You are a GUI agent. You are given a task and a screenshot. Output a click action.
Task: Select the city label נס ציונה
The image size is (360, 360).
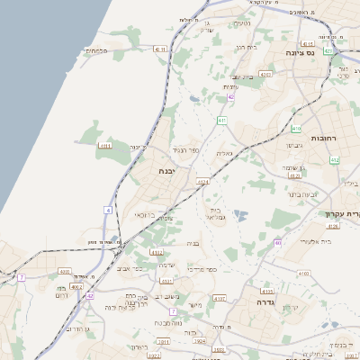(320, 52)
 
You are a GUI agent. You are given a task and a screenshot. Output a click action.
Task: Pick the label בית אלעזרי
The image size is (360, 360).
(314, 241)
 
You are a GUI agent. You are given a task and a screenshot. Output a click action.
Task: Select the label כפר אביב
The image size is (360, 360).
(130, 267)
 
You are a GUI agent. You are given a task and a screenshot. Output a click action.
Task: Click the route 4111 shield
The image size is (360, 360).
(105, 145)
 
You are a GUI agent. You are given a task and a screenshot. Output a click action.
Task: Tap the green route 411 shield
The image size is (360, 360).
(222, 120)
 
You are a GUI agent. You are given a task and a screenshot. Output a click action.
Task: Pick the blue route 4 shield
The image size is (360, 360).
(108, 209)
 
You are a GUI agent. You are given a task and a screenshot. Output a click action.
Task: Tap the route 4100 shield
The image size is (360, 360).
(302, 272)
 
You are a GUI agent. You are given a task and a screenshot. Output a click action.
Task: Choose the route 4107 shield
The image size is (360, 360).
(220, 297)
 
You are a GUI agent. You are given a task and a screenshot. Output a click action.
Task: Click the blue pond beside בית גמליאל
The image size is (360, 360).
(239, 215)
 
